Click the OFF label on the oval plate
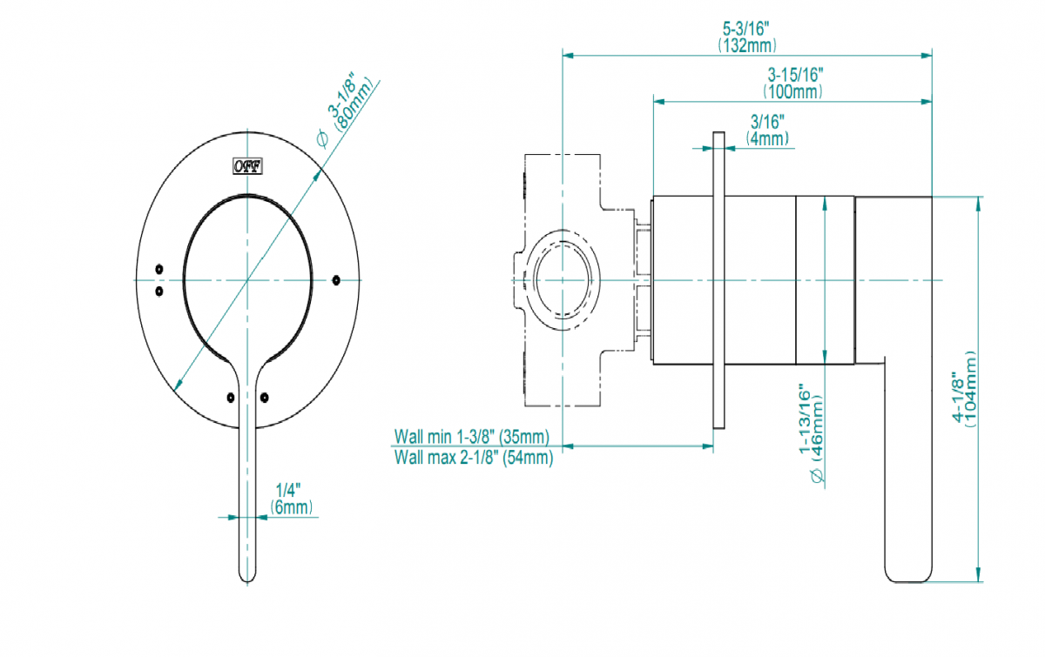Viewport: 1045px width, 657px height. (249, 165)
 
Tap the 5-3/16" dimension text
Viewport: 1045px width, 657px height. (747, 30)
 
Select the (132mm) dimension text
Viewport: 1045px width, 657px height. (747, 44)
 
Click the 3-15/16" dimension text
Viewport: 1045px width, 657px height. (795, 75)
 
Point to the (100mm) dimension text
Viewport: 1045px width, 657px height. (793, 91)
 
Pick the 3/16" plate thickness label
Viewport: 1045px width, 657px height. (767, 122)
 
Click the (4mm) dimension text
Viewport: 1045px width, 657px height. (767, 137)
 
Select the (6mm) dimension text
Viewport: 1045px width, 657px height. (291, 506)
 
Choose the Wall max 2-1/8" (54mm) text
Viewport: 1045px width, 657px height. (473, 458)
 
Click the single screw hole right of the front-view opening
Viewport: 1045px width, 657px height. (336, 279)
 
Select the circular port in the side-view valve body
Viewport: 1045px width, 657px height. (563, 280)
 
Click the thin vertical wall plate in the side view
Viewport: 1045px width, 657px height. (718, 280)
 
